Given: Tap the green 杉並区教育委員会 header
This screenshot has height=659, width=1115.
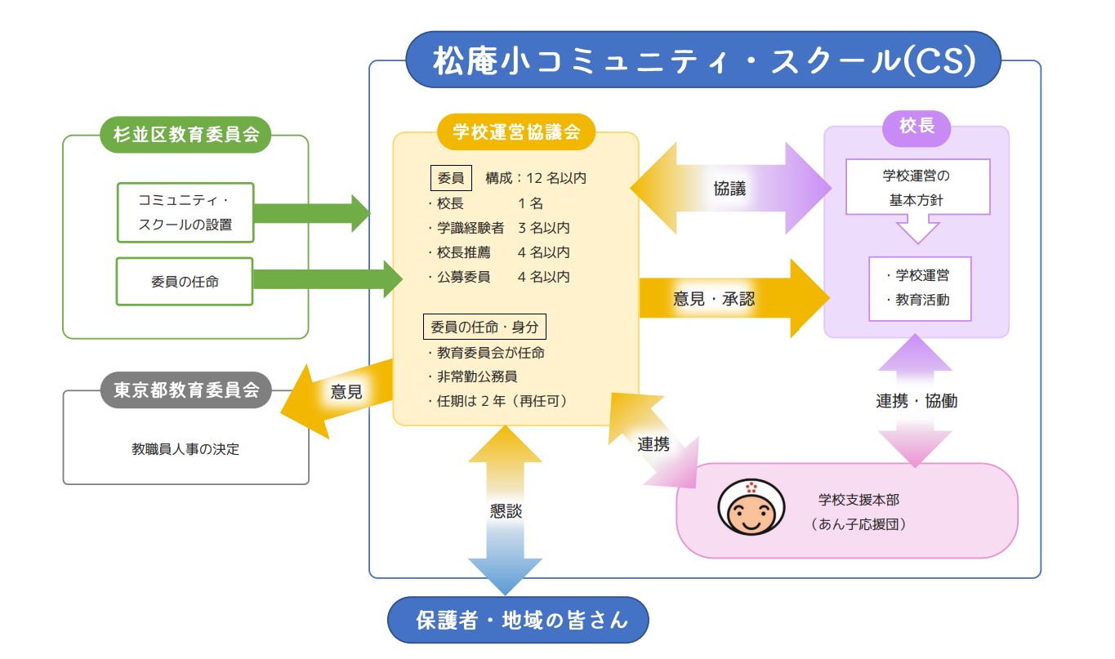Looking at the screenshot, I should coord(185,135).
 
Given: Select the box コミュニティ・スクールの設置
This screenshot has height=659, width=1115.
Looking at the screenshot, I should coord(185,212).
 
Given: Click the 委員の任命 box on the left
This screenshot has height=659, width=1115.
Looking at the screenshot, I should coord(185,282).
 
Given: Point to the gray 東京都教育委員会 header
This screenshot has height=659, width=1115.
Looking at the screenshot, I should coord(185,390).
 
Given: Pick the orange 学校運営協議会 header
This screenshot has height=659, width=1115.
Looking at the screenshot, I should coord(515,132).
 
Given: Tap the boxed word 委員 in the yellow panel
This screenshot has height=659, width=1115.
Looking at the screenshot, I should coord(451,177).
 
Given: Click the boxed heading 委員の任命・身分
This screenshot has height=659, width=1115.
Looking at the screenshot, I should coord(484,327).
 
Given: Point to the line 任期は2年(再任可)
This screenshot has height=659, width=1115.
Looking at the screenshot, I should coord(497,401).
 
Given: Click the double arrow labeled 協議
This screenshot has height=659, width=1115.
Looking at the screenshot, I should coord(729,188).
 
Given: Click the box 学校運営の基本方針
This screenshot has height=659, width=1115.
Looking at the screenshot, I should coord(917,187).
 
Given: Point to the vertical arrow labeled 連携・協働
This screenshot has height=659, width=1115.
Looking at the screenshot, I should coord(916,401).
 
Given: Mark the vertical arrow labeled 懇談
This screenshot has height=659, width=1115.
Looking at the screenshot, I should coord(505,511).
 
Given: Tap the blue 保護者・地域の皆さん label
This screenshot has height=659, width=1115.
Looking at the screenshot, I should coord(518,621).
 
